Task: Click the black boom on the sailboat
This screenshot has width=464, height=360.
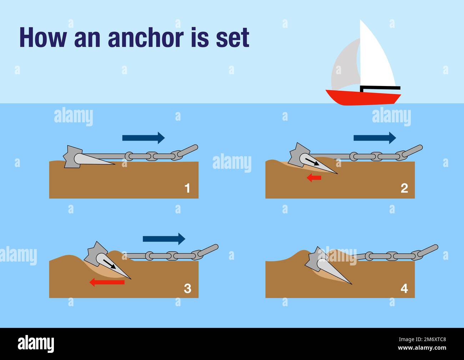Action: pyautogui.click(x=380, y=88)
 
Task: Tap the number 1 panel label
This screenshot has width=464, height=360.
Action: pyautogui.click(x=187, y=188)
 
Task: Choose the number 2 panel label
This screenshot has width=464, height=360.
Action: pyautogui.click(x=404, y=188)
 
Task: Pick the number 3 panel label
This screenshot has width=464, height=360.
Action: pyautogui.click(x=187, y=288)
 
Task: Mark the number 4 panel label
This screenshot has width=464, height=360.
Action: pyautogui.click(x=404, y=288)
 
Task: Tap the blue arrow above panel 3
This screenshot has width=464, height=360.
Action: pyautogui.click(x=164, y=239)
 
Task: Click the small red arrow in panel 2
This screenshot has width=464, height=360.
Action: pyautogui.click(x=314, y=178)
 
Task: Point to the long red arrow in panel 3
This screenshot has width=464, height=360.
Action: pyautogui.click(x=107, y=282)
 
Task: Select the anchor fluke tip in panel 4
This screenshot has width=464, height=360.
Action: pyautogui.click(x=351, y=284)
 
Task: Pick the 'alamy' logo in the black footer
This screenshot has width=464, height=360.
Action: pyautogui.click(x=36, y=344)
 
